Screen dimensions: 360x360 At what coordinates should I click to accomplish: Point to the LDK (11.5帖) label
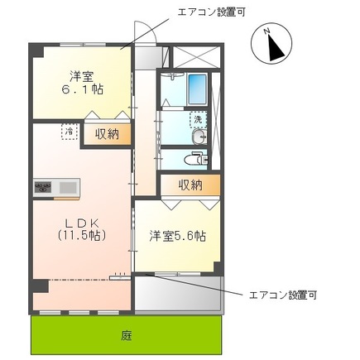coord(79,229)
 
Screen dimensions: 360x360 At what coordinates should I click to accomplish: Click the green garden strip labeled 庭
coord(126,336)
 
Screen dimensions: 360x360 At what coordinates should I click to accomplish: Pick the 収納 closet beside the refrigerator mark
coord(105,133)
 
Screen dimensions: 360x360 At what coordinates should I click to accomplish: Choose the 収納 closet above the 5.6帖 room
coord(190,185)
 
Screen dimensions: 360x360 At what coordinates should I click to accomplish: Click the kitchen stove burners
coord(43,188)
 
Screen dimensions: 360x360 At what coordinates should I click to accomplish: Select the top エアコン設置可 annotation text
coord(210,12)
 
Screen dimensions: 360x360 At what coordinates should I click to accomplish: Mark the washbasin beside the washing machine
coord(199,137)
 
